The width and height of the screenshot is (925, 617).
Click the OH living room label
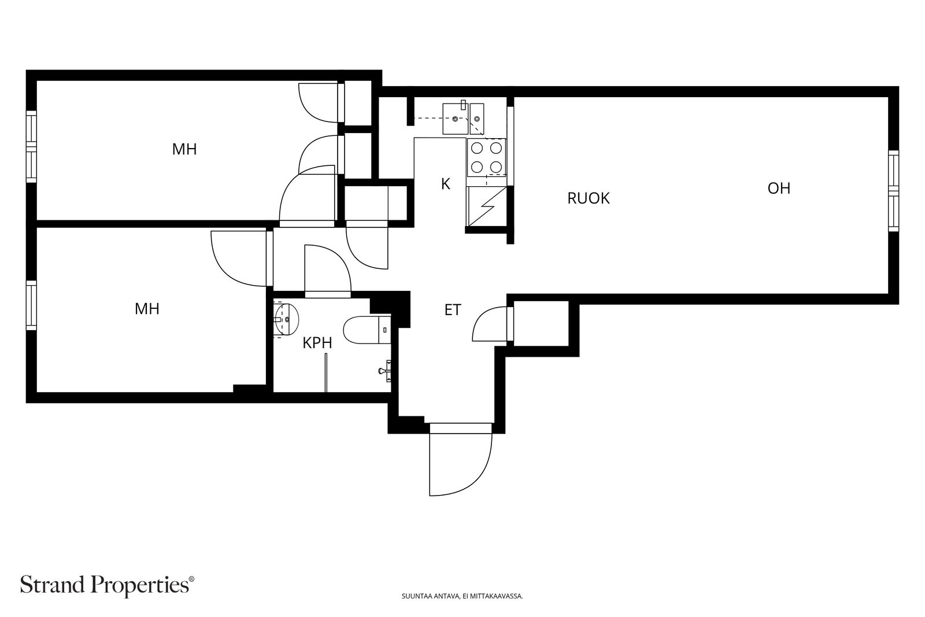[779, 189]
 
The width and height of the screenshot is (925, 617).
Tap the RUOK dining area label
[588, 198]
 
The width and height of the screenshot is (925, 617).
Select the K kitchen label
[446, 184]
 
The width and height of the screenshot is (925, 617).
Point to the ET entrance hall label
[453, 310]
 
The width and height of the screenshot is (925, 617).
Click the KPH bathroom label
[317, 343]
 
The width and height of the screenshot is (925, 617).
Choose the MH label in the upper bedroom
[184, 149]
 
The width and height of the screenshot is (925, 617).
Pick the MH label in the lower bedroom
[147, 309]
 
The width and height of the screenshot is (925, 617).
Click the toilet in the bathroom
[367, 330]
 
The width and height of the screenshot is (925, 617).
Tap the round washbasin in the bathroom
[286, 319]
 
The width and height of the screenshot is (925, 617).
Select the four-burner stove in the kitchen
[486, 157]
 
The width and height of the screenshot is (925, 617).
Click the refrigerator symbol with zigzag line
[486, 206]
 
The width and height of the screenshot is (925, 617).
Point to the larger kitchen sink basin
[455, 119]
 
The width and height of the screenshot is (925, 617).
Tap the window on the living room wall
[893, 190]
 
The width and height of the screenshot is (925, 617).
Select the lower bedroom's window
[31, 305]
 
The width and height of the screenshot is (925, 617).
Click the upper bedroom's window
[31, 147]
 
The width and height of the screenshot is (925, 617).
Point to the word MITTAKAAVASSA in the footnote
[502, 596]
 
